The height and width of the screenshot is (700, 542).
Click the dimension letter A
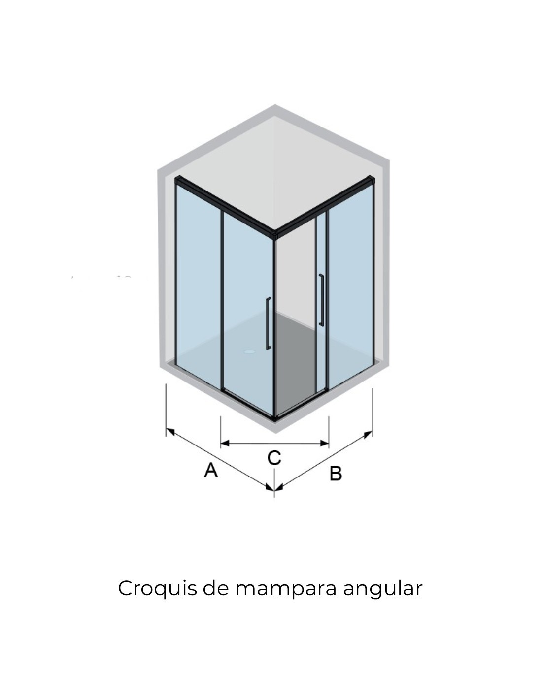pyautogui.click(x=211, y=470)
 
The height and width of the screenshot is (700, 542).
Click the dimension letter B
pyautogui.click(x=336, y=474)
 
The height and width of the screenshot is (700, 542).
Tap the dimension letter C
pyautogui.click(x=274, y=458)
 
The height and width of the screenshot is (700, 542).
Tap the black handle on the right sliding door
pyautogui.click(x=321, y=300)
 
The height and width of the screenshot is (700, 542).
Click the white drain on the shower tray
pyautogui.click(x=251, y=352)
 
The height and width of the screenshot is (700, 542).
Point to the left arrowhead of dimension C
pyautogui.click(x=223, y=444)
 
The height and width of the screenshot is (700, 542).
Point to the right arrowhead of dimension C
pyautogui.click(x=326, y=443)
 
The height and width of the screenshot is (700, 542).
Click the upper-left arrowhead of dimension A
pyautogui.click(x=169, y=432)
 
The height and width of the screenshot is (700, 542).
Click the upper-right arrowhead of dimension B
pyautogui.click(x=369, y=434)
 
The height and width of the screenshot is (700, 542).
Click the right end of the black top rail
pyautogui.click(x=373, y=181)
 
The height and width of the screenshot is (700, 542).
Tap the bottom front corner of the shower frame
pyautogui.click(x=274, y=418)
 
